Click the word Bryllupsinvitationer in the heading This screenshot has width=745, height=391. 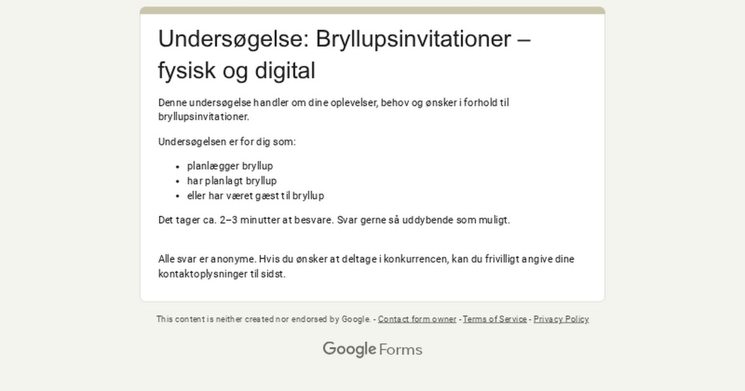click(412, 39)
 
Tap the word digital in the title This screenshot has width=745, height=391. click(285, 71)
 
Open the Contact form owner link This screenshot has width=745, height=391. click(417, 319)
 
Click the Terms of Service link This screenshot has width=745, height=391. click(495, 319)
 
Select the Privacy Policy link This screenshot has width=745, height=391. click(561, 319)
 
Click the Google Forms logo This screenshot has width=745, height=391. click(372, 349)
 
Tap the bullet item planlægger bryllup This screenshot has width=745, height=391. click(230, 166)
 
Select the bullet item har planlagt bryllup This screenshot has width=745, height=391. click(232, 181)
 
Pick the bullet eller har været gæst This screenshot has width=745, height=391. click(255, 196)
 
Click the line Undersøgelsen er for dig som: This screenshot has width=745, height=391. click(227, 142)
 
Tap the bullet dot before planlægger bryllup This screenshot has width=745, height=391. click(178, 167)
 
